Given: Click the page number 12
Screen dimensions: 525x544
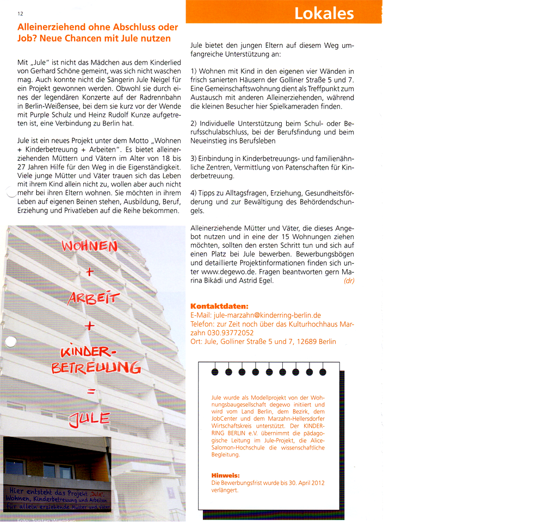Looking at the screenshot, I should click(21, 14).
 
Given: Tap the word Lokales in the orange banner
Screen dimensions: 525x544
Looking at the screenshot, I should click(324, 13).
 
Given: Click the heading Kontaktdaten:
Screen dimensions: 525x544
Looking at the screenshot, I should click(219, 306).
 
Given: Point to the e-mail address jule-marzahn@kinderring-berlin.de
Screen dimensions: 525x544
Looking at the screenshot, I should click(266, 315).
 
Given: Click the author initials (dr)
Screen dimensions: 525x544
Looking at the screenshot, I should click(349, 281).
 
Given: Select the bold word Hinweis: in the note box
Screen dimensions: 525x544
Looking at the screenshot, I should click(225, 476).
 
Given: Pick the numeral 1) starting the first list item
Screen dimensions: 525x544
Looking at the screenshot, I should click(194, 72).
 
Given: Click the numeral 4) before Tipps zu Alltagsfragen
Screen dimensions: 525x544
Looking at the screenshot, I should click(194, 193).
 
